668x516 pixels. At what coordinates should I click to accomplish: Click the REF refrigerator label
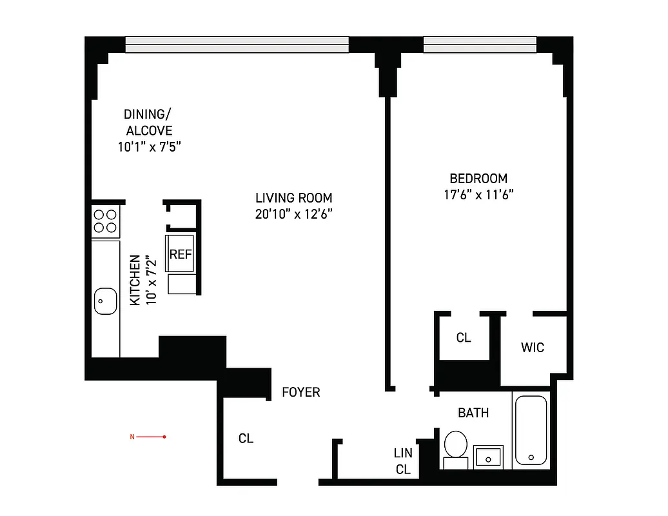[181, 254]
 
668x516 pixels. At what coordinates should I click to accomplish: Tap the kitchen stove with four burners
[105, 221]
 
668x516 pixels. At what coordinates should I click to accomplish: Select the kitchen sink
[105, 301]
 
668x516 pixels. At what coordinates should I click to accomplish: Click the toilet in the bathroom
[456, 446]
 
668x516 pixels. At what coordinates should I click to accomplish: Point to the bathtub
[531, 430]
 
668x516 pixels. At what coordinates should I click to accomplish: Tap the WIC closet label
[532, 348]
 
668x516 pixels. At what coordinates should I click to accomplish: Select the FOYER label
[300, 392]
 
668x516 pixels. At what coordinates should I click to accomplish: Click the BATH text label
[473, 413]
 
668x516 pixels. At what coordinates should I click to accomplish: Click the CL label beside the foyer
[246, 439]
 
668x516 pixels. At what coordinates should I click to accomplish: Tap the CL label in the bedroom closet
[463, 337]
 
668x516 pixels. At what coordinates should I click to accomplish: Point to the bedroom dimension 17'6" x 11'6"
[478, 195]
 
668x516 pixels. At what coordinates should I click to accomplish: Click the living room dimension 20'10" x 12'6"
[293, 215]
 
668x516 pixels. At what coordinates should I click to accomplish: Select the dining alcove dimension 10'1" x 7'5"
[148, 146]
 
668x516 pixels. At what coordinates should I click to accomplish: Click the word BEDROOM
[478, 178]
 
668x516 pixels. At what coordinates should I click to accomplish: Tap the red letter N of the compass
[132, 437]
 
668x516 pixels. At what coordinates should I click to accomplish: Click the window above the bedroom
[480, 44]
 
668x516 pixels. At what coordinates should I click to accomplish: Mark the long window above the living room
[237, 44]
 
